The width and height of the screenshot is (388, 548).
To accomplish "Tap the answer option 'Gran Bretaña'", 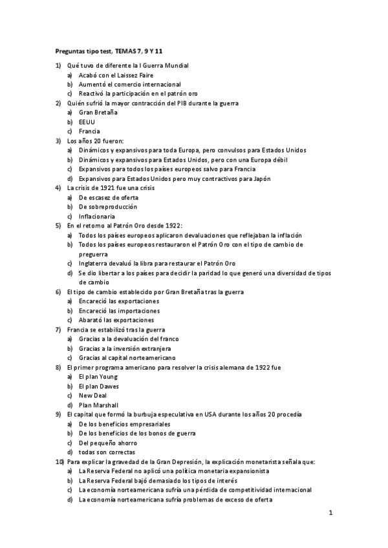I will [98, 112].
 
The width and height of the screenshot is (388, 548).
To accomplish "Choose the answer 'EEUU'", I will [87, 121].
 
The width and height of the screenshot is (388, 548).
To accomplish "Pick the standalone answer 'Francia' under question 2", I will [89, 131].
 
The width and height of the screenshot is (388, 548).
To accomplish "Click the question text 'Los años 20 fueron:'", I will [96, 140].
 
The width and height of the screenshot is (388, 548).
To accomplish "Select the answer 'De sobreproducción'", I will [108, 206].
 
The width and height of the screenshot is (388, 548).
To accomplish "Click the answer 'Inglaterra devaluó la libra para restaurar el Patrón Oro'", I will [157, 263].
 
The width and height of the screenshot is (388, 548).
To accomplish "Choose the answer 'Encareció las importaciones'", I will [119, 310].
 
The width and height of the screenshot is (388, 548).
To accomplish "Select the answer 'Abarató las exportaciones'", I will [116, 320].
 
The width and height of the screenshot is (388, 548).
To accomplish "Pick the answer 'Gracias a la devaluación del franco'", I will [129, 339].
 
